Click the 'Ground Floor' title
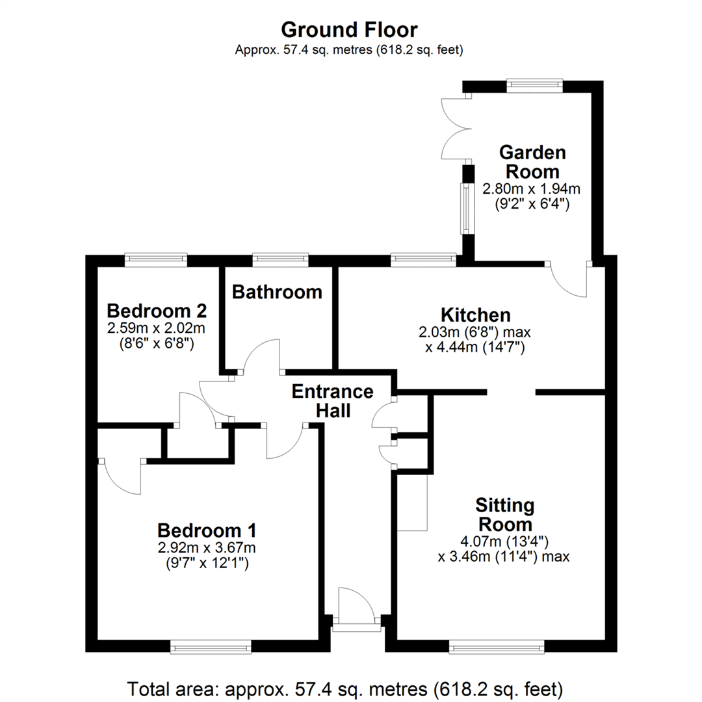pos(349,30)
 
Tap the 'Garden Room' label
pos(531,162)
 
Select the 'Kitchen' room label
pos(475,315)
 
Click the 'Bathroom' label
pos(278,292)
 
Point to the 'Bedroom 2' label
pos(157,309)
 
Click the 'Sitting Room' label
pos(504,514)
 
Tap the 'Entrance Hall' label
pos(332,401)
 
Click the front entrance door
pos(356,607)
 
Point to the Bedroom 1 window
pos(211,646)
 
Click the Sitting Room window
pos(497,646)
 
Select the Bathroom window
pos(280,259)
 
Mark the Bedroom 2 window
pos(157,259)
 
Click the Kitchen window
pos(423,259)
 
